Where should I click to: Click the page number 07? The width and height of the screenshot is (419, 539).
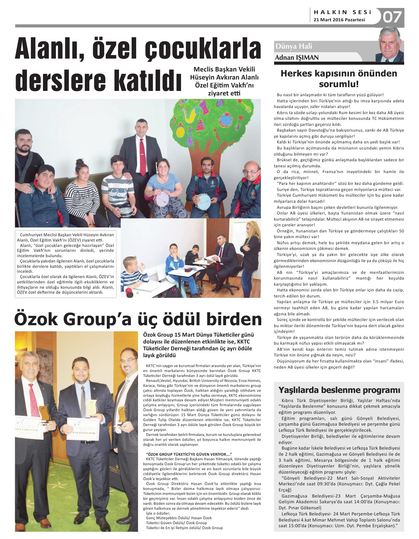click(392, 17)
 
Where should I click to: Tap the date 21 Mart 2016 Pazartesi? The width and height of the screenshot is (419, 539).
click(339, 20)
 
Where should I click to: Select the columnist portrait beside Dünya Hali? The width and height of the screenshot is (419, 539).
click(390, 46)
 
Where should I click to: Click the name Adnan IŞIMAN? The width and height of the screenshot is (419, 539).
click(297, 58)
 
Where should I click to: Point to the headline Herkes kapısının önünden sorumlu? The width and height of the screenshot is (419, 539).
click(338, 78)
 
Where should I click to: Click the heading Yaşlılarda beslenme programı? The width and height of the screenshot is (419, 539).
click(339, 390)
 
